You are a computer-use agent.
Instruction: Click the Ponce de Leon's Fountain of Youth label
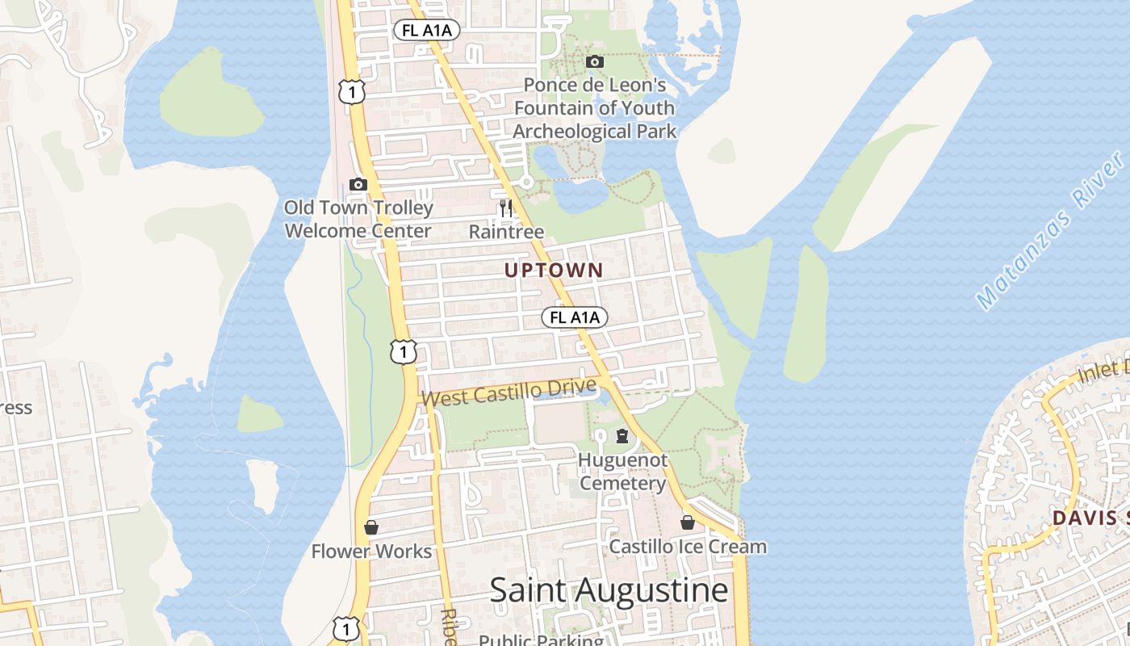[595, 107]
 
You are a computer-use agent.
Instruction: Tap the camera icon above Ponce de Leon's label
[595, 61]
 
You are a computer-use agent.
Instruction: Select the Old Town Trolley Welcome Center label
[358, 219]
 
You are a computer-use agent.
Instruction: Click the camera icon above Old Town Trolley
[358, 184]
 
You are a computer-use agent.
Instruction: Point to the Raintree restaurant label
[506, 232]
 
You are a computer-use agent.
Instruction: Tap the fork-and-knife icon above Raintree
[506, 208]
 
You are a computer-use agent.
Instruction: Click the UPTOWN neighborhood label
[554, 271]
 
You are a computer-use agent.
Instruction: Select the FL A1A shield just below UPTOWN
[575, 317]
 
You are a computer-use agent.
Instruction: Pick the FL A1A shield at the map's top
[427, 31]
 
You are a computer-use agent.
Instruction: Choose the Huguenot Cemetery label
[622, 472]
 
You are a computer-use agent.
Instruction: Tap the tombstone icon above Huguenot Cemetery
[622, 437]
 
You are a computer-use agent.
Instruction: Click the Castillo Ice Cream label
[688, 547]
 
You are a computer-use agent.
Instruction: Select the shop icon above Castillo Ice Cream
[688, 522]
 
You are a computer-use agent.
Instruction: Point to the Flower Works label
[371, 552]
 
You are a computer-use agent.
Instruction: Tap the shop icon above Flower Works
[371, 527]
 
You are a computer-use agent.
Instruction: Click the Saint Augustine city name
[609, 590]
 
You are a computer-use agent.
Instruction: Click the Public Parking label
[541, 640]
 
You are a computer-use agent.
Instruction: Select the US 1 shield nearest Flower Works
[345, 627]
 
